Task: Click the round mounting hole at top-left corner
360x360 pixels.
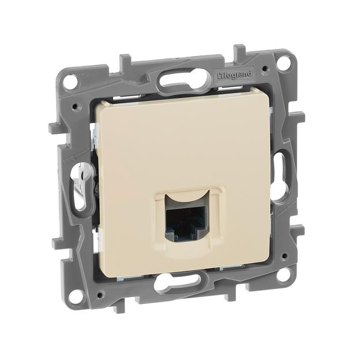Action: click(x=70, y=81)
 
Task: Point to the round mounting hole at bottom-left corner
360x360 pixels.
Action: click(x=74, y=296)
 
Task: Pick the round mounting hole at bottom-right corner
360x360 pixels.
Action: click(x=283, y=274)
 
